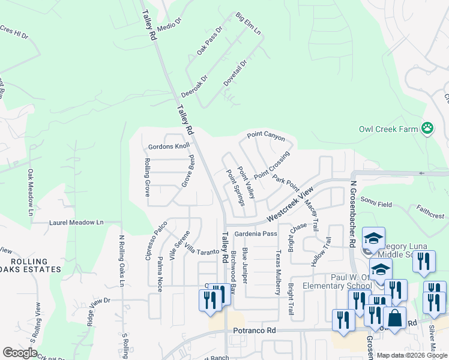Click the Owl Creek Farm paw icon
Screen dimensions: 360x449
coord(427,127)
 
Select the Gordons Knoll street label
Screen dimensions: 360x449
coord(169,146)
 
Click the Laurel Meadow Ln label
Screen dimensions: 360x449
coord(76,222)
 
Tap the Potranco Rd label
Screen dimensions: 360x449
coord(255,330)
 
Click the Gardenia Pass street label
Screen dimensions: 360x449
coord(256,233)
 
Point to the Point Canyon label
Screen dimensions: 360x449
coord(265,137)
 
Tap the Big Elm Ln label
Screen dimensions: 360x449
coord(249,23)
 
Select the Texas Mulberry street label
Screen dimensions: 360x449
coord(278,273)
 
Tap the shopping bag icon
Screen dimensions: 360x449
coord(394,317)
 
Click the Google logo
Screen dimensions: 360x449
coord(20,353)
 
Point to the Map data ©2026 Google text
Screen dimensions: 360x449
coord(412,355)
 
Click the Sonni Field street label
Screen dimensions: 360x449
coord(376,205)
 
